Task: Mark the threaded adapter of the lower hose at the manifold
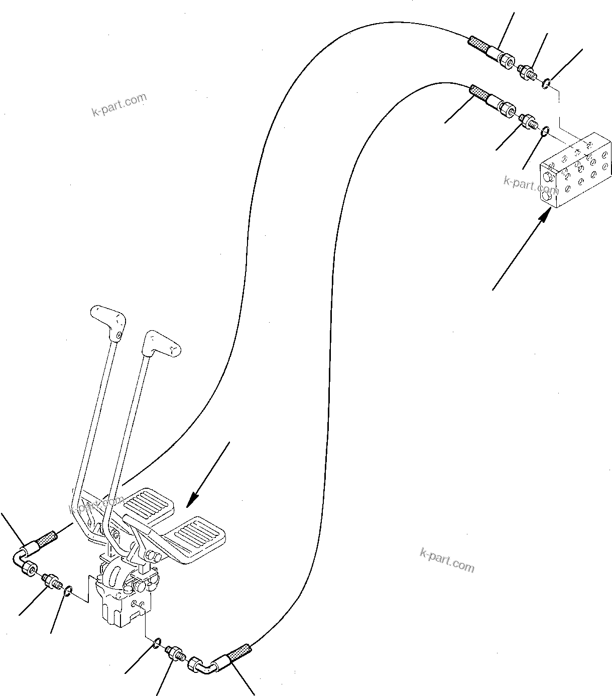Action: pyautogui.click(x=529, y=120)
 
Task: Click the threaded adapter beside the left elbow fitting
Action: pyautogui.click(x=51, y=581)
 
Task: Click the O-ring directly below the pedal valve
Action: pyautogui.click(x=157, y=642)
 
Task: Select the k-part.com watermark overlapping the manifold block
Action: pyautogui.click(x=531, y=185)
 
